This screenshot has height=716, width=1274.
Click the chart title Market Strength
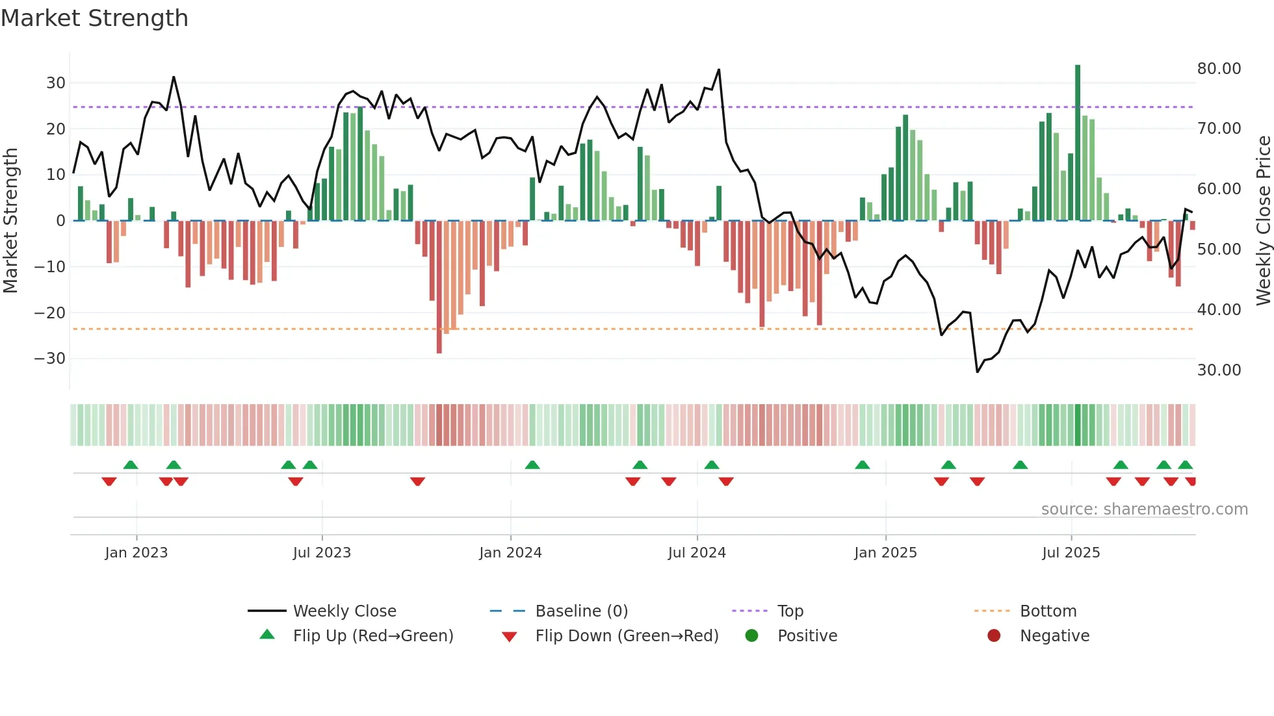click(94, 18)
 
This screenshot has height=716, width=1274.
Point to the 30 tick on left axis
click(56, 83)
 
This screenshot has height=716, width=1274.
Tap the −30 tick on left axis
click(50, 359)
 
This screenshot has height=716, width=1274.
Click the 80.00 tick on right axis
click(1219, 69)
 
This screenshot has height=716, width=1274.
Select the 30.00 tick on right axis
click(1219, 370)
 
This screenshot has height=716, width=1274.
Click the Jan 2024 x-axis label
click(510, 553)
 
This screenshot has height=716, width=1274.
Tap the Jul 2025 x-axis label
click(1071, 553)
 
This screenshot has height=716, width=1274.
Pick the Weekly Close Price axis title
click(1263, 221)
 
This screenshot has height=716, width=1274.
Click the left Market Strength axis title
click(10, 221)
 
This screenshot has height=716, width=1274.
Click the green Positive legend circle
click(752, 636)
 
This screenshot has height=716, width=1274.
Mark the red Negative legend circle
click(994, 636)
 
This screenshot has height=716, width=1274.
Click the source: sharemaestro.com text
click(1144, 509)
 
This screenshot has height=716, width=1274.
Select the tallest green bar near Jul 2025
click(1078, 143)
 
